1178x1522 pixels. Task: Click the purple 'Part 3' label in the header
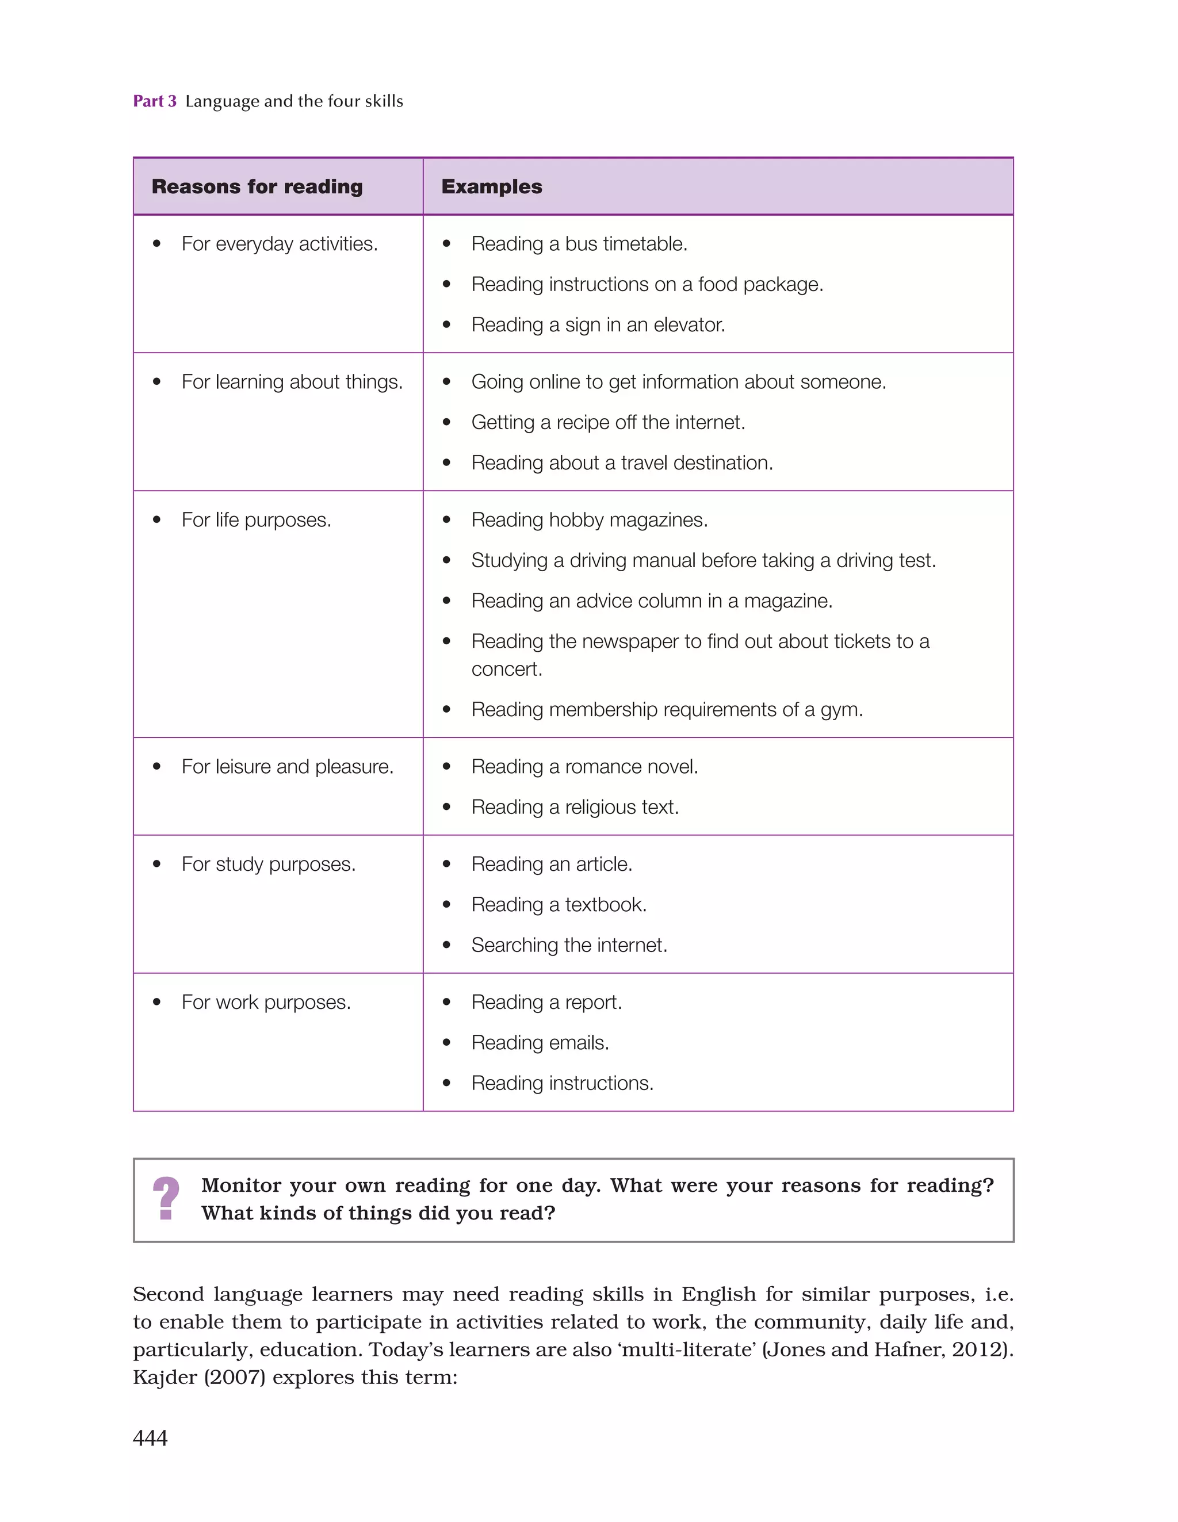(x=154, y=101)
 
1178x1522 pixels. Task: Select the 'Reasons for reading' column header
(x=257, y=187)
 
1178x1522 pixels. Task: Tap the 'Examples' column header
(x=491, y=187)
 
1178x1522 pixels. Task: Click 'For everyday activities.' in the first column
(x=279, y=244)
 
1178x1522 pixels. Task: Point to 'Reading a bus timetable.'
(x=579, y=244)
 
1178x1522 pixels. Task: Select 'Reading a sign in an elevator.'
(x=598, y=325)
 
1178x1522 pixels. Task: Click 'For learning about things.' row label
(x=292, y=382)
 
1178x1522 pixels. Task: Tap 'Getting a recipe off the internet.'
(x=608, y=422)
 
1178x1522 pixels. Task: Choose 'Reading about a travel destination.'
(x=622, y=462)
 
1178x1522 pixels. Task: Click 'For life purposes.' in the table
(x=256, y=520)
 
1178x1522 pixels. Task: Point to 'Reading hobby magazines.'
(x=589, y=520)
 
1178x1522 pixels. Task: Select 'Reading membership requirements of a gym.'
(x=667, y=709)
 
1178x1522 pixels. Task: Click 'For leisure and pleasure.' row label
(x=287, y=767)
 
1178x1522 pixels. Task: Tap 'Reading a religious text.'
(x=575, y=807)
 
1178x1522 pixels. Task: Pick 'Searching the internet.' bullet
(x=569, y=945)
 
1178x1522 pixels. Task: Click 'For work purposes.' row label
(x=266, y=1002)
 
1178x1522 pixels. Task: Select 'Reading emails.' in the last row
(x=540, y=1042)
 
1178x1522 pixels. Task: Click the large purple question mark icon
(x=166, y=1199)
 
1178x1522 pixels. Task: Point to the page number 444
(x=150, y=1437)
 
